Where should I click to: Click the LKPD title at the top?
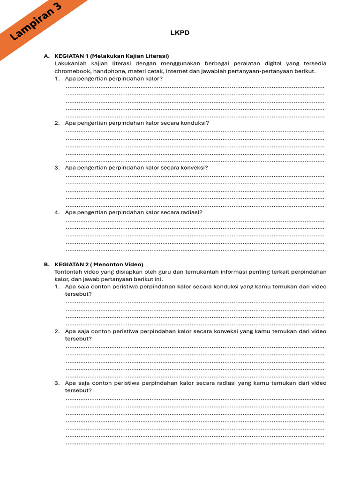[180, 33]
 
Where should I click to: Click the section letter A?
[46, 56]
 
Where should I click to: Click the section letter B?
[46, 264]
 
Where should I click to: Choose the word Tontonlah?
[68, 272]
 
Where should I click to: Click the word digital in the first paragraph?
[268, 63]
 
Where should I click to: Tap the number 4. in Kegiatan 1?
[57, 212]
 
